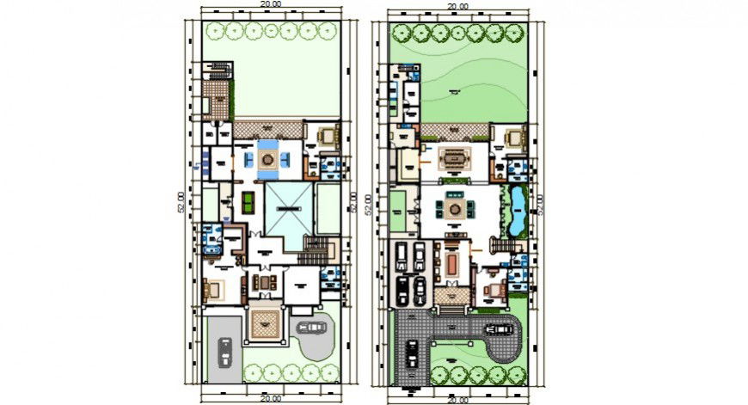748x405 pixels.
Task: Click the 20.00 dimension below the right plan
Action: pyautogui.click(x=457, y=400)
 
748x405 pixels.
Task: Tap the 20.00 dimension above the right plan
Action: pyautogui.click(x=457, y=6)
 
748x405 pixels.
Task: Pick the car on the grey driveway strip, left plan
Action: pyautogui.click(x=225, y=352)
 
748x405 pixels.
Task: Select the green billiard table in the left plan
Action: pyautogui.click(x=248, y=203)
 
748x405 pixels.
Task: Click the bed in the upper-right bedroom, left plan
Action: pyautogui.click(x=328, y=136)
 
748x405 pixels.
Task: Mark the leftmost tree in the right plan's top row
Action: pyautogui.click(x=402, y=33)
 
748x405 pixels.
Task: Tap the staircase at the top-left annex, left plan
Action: pyautogui.click(x=220, y=69)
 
